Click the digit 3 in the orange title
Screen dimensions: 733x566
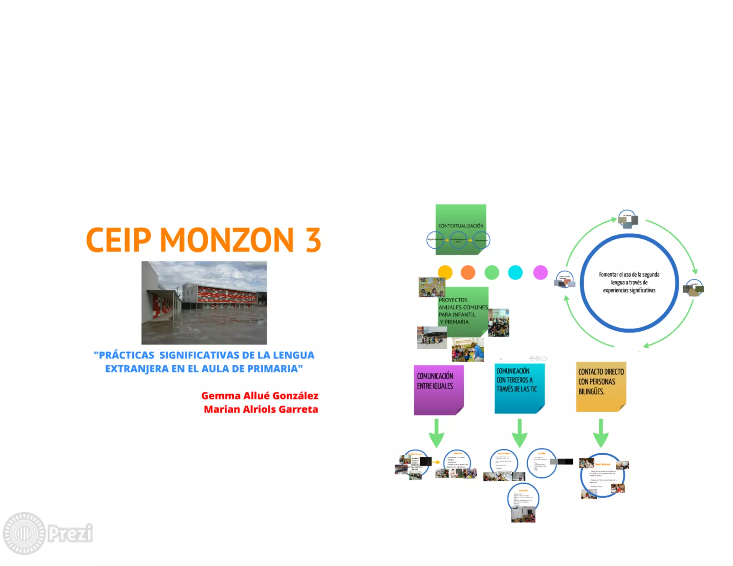(313, 240)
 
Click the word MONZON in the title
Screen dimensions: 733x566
(227, 240)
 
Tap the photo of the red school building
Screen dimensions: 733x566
(204, 303)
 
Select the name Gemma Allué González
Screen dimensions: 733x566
(259, 396)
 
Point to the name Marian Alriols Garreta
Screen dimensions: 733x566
(261, 409)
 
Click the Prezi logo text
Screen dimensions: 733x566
(71, 533)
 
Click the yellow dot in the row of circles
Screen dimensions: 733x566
(445, 272)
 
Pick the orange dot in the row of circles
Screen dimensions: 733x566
(468, 272)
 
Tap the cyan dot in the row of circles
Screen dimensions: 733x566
(515, 272)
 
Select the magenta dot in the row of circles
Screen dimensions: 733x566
(540, 272)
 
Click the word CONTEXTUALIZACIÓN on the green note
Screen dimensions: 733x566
(461, 226)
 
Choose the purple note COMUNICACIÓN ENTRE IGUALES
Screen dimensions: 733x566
(438, 390)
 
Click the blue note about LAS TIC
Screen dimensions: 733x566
(519, 388)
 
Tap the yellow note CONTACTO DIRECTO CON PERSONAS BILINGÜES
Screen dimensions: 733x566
(601, 386)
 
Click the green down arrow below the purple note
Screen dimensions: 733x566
(436, 433)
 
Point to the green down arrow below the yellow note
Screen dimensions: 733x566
(601, 433)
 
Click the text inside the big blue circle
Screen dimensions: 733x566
(629, 282)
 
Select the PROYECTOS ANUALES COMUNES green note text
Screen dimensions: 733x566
(462, 311)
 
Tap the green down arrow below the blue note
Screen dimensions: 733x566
(519, 433)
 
